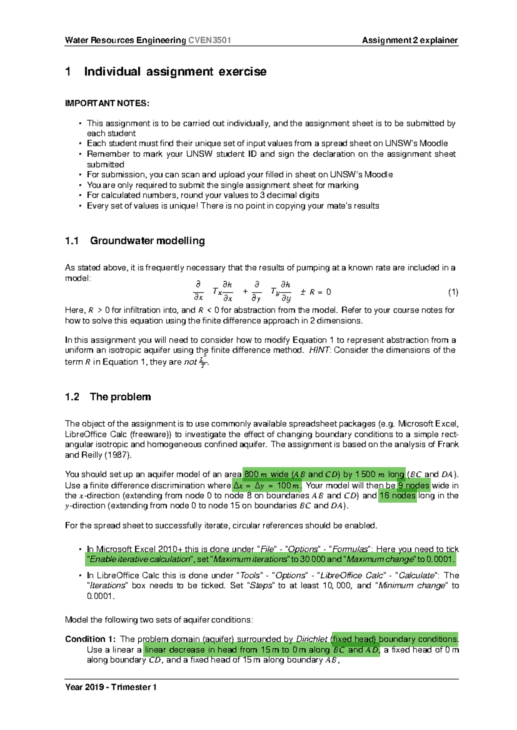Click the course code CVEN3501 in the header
(x=210, y=40)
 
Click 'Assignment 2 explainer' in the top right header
(x=410, y=40)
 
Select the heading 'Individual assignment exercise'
(x=175, y=71)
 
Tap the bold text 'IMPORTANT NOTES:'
(x=107, y=103)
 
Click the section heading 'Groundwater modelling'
(x=147, y=241)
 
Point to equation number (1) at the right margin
(x=453, y=292)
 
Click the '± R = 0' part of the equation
(x=315, y=292)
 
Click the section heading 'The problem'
(x=120, y=397)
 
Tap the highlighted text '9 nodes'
(x=414, y=486)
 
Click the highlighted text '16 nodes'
(x=397, y=496)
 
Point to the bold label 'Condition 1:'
(x=90, y=639)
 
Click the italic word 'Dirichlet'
(x=311, y=639)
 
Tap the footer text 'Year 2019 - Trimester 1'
(x=111, y=687)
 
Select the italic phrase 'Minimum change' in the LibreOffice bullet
(x=412, y=586)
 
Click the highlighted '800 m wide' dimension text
(x=266, y=475)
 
